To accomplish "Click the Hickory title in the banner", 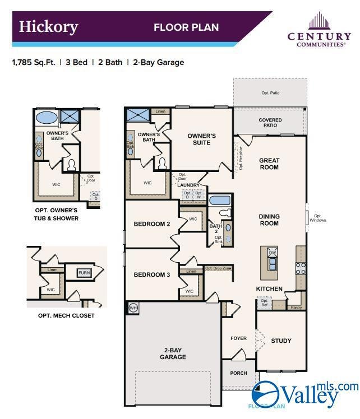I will [x=48, y=27].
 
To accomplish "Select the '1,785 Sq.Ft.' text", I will [x=34, y=63].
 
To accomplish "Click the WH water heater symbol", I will [x=133, y=308].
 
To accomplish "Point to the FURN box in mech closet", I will [x=84, y=273].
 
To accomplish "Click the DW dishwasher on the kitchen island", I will [x=272, y=253].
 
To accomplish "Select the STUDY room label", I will [x=281, y=341].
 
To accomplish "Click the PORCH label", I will [x=239, y=373].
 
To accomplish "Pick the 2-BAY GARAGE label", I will [x=173, y=353].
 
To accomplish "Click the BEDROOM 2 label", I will [x=151, y=224].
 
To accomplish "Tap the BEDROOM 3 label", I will [x=151, y=274].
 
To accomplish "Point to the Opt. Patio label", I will [x=270, y=93].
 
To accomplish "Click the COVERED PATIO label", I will [x=270, y=123].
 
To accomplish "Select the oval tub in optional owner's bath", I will [x=46, y=118].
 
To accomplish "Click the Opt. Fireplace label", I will [x=241, y=158].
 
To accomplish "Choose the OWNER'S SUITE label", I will [x=201, y=139].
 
